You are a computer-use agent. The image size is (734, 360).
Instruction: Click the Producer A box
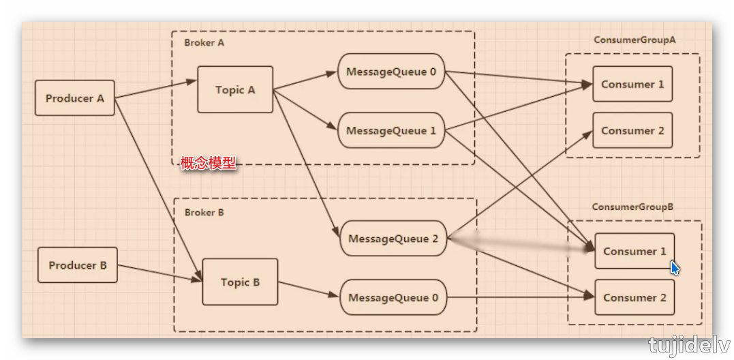click(75, 98)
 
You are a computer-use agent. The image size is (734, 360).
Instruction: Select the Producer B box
click(78, 265)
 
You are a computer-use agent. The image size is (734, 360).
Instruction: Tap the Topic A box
click(235, 89)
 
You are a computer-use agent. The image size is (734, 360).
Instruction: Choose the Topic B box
click(240, 282)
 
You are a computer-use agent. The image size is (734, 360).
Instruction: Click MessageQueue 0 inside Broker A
click(391, 72)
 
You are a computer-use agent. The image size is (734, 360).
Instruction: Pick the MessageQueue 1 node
click(391, 130)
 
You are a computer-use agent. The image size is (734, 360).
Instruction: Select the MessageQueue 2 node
click(393, 239)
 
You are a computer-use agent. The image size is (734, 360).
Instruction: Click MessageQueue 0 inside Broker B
click(393, 297)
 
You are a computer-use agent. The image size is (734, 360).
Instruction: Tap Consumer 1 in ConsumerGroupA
click(632, 85)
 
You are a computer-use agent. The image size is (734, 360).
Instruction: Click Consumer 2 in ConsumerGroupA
click(632, 130)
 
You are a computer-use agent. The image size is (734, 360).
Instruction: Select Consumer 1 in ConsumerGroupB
click(634, 251)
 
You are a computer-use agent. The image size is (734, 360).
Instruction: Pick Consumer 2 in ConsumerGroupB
click(634, 297)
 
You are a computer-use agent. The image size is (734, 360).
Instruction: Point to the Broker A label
click(204, 42)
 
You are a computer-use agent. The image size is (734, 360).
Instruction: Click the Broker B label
click(204, 212)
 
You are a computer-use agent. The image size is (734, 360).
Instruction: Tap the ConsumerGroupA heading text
click(634, 40)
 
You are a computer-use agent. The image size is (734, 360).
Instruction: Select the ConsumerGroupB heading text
click(632, 207)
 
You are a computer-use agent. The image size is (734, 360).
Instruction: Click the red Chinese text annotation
click(208, 163)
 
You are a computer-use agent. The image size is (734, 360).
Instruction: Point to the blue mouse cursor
click(674, 267)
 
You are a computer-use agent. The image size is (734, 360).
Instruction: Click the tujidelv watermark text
click(688, 344)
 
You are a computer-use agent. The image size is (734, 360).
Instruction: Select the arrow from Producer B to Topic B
click(159, 273)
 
